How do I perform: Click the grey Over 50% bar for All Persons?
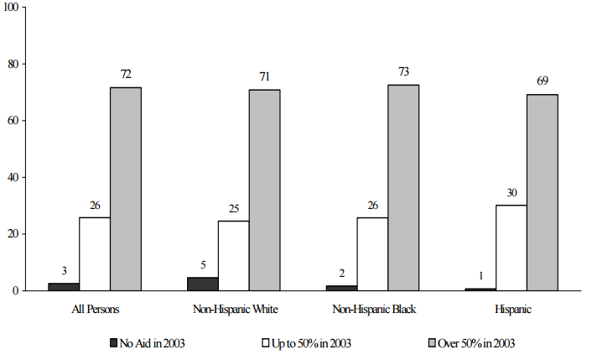click(x=125, y=189)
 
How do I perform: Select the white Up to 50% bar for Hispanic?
click(x=511, y=248)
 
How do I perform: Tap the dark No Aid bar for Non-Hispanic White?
click(x=203, y=284)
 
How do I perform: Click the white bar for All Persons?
click(x=94, y=253)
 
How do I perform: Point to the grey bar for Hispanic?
click(x=542, y=192)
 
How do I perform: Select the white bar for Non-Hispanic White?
click(x=233, y=255)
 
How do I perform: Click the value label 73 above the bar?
click(x=402, y=72)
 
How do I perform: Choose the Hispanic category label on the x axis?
click(x=512, y=309)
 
